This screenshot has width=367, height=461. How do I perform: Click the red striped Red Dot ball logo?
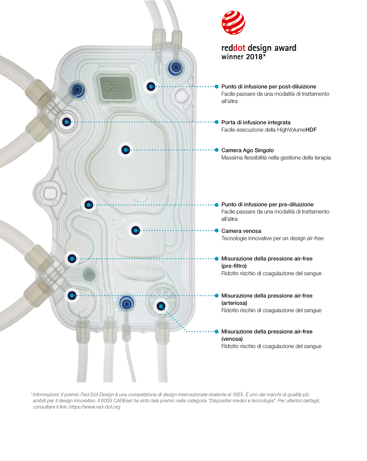coord(233,23)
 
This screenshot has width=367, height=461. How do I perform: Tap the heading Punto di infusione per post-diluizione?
coord(269,86)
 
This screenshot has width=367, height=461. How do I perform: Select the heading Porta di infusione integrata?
coord(256,122)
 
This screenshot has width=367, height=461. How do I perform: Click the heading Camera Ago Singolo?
coord(248,150)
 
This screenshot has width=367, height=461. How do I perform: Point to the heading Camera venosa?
coord(241,231)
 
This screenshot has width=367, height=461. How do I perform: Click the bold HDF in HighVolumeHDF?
coord(311,130)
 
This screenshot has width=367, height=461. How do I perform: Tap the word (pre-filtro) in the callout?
coord(234,266)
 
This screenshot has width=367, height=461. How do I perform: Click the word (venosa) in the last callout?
coord(232,339)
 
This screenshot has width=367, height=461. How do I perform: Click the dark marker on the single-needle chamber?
coord(126,150)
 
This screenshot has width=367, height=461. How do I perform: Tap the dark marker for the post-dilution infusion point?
coord(151,86)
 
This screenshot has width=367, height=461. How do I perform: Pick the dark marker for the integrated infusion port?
coord(67,122)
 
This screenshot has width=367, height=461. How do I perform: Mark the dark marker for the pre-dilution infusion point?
coord(89,205)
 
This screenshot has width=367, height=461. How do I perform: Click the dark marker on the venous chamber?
coord(135,230)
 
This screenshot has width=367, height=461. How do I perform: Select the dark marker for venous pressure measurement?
coord(161,306)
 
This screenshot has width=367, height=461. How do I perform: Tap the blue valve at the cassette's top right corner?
coord(176,68)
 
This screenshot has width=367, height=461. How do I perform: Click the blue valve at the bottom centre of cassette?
coord(127,303)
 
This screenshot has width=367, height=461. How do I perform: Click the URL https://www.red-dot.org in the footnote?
coord(94,407)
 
